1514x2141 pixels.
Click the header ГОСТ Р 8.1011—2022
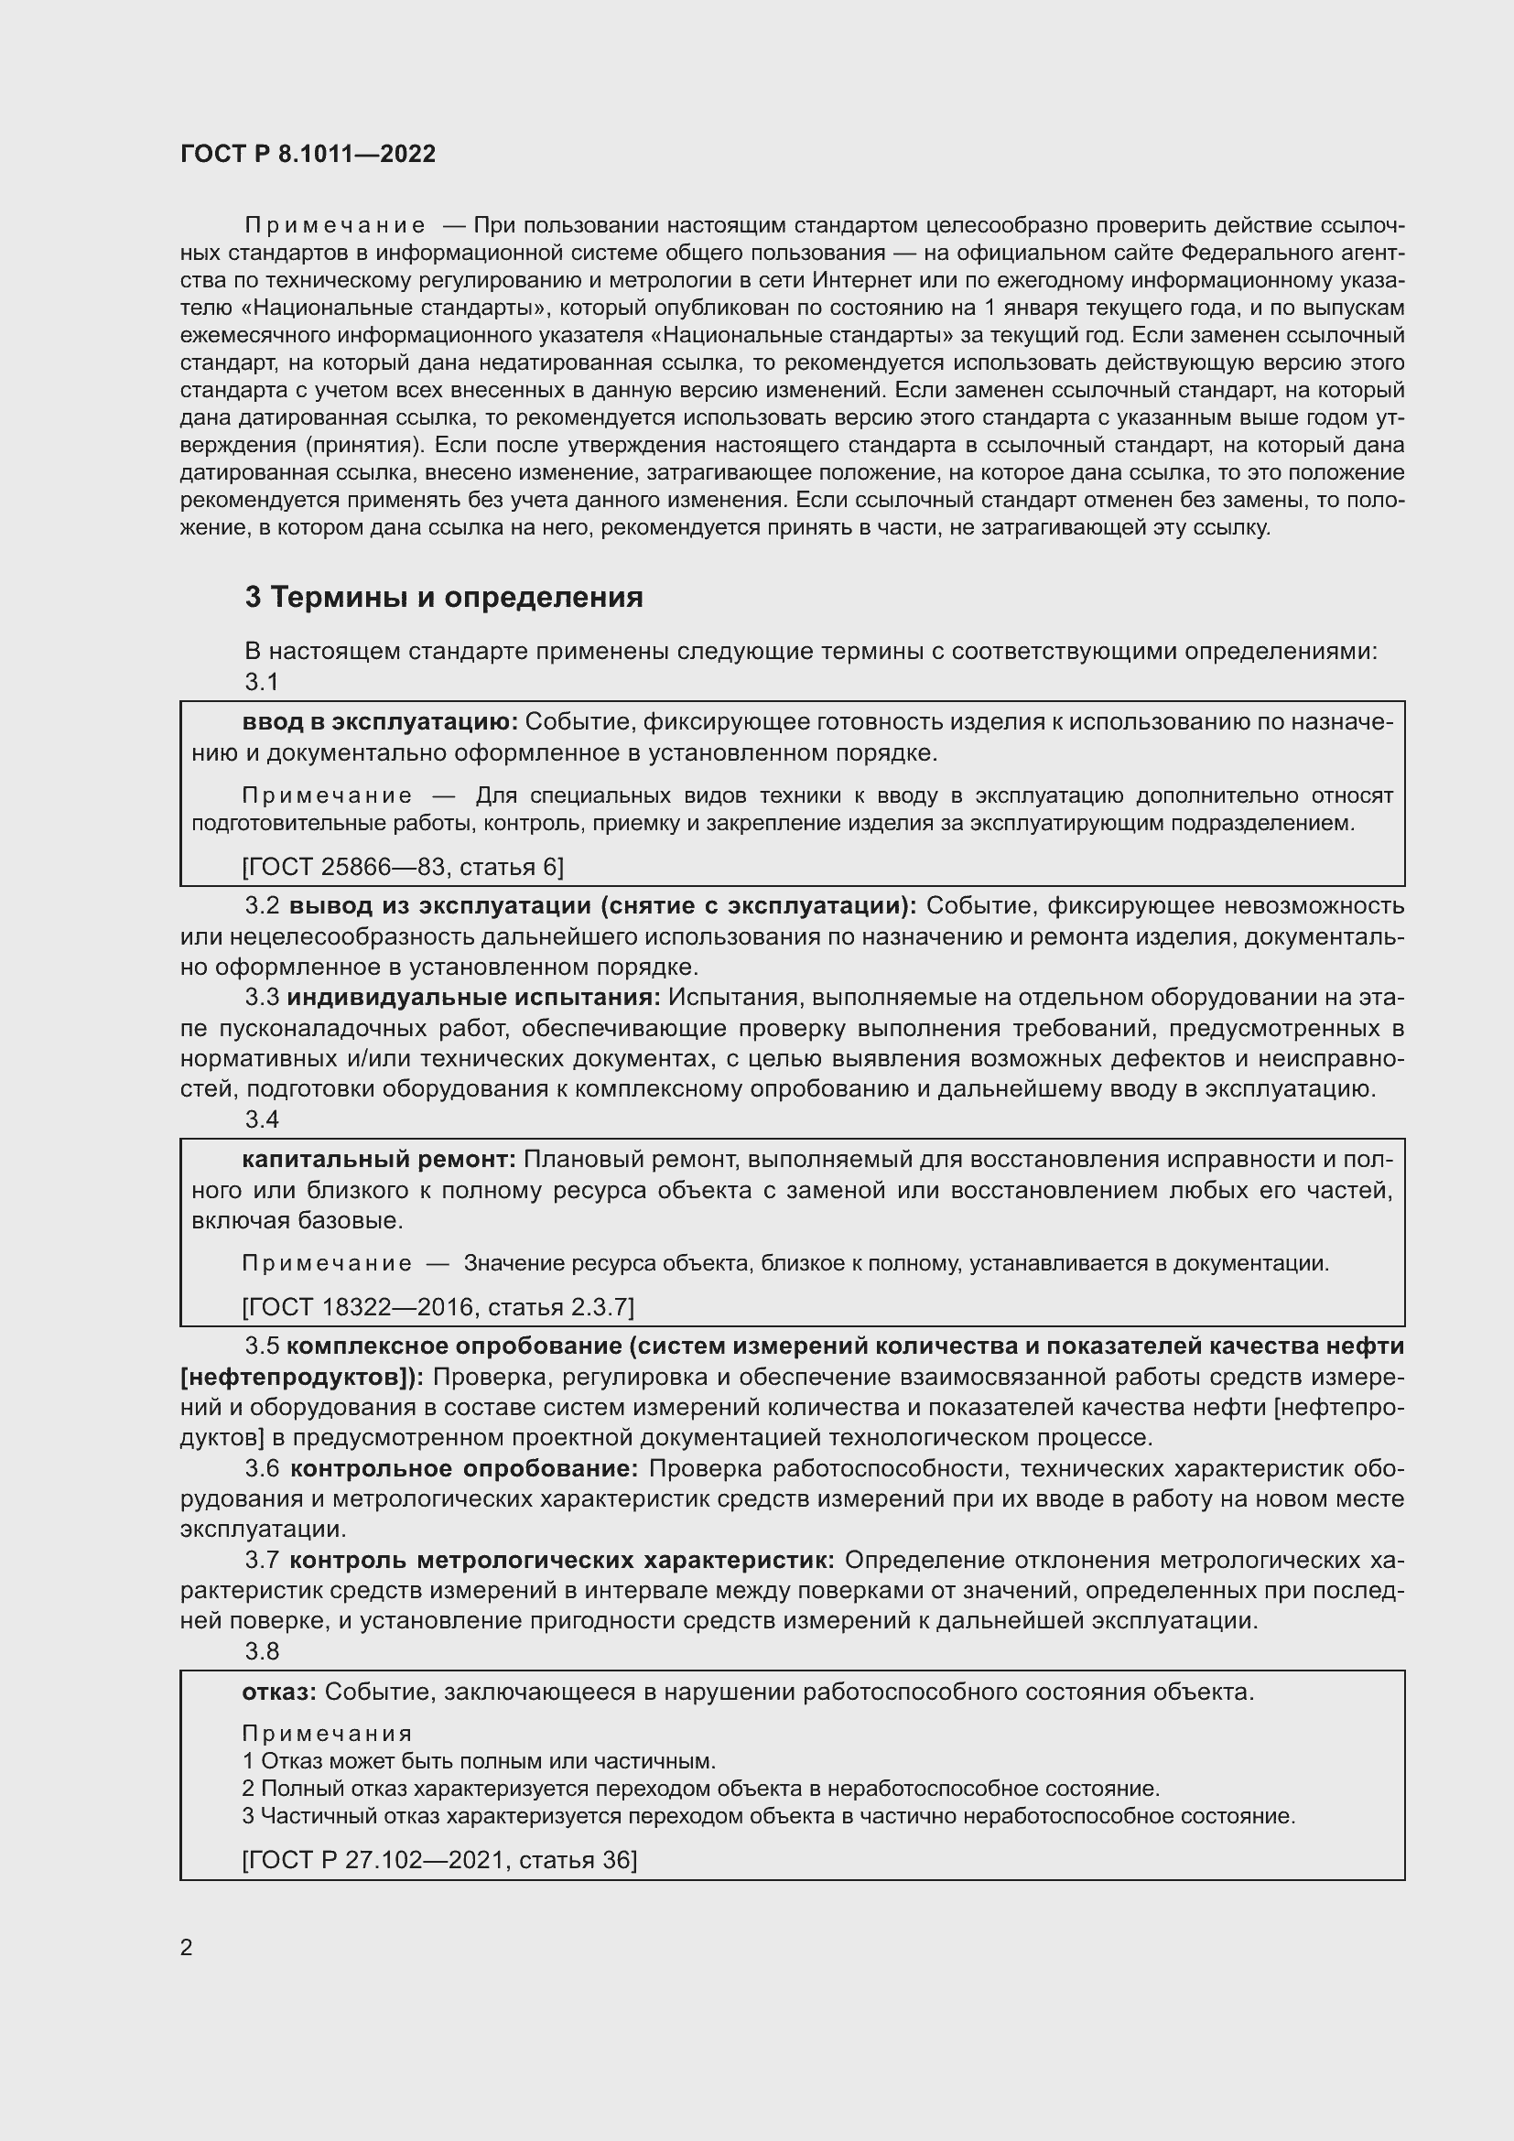coord(308,154)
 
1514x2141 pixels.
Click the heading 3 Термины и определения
coord(444,597)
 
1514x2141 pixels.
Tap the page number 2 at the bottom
coord(187,1948)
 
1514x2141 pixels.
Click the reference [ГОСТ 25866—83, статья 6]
coord(403,867)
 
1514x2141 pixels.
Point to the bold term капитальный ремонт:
coord(379,1159)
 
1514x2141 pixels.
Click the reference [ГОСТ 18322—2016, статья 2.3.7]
coord(438,1307)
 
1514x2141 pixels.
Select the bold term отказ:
coord(280,1692)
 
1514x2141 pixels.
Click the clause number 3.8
coord(262,1651)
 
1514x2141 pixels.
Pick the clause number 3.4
coord(262,1119)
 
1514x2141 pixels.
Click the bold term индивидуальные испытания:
coord(473,998)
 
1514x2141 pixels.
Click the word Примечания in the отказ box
coord(326,1734)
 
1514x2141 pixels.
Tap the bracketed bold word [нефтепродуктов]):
coord(302,1378)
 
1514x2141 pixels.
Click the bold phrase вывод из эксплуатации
coord(438,906)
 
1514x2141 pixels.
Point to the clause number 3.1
coord(262,682)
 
